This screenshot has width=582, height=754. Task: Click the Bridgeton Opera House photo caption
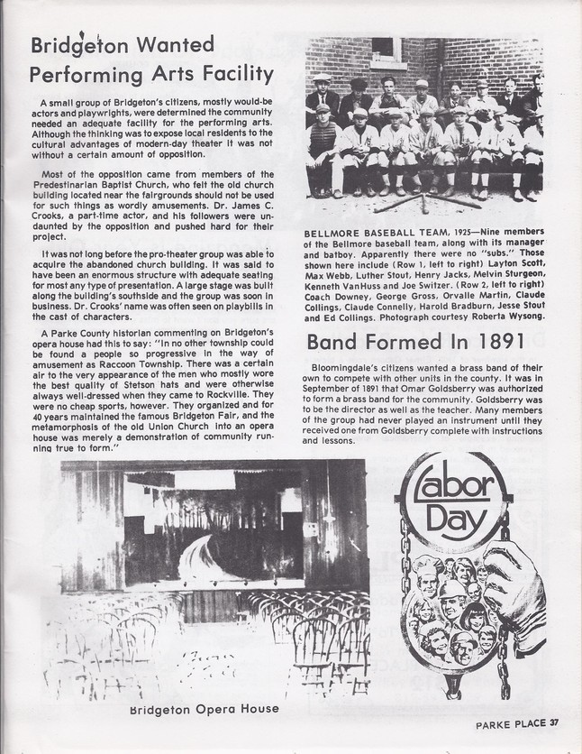(x=203, y=708)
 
